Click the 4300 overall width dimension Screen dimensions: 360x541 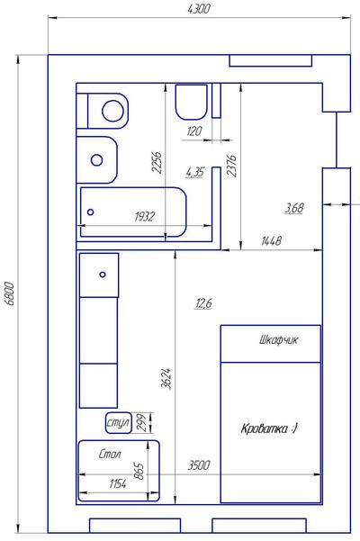pos(198,9)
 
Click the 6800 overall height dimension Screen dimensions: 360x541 pos(10,293)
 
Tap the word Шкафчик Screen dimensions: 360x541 pos(278,340)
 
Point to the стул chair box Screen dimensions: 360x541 pos(118,423)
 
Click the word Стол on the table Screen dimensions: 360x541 pos(110,454)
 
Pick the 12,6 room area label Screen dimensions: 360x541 pos(203,303)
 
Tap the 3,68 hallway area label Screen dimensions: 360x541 pos(294,208)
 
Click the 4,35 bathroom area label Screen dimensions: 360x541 pos(194,172)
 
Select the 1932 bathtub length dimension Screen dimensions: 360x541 pos(145,217)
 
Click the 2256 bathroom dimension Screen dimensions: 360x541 pos(157,162)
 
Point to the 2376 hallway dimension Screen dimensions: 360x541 pos(231,166)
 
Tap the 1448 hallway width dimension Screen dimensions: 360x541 pos(272,240)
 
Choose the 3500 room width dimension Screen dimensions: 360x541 pos(199,465)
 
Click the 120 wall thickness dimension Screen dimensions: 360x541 pos(194,131)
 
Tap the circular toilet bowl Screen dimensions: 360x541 pos(112,111)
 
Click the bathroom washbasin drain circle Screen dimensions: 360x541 pos(97,160)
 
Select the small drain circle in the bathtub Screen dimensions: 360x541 pos(90,212)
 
